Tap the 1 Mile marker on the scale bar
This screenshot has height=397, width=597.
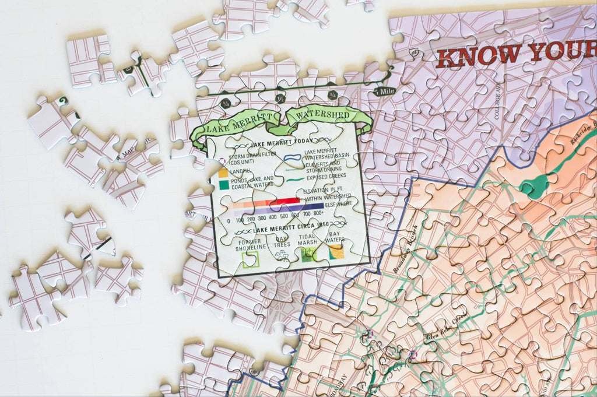coord(384,92)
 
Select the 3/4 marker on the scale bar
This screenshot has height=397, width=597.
coord(333,95)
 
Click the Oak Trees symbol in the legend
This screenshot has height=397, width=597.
coord(282,255)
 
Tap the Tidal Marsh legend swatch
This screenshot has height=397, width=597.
coord(308,253)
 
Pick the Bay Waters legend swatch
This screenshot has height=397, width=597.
coord(335,251)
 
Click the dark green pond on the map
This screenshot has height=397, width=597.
coord(533,186)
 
